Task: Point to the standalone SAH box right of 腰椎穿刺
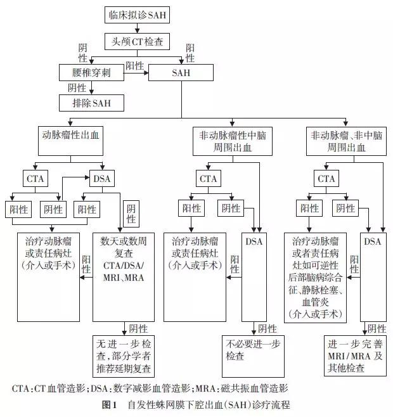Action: point(181,74)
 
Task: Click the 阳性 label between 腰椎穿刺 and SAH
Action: point(134,66)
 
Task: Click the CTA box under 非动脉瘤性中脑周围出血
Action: point(209,179)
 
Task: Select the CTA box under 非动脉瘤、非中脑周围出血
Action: point(326,179)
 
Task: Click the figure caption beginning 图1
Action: point(196,404)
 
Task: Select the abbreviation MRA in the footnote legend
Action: point(223,388)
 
